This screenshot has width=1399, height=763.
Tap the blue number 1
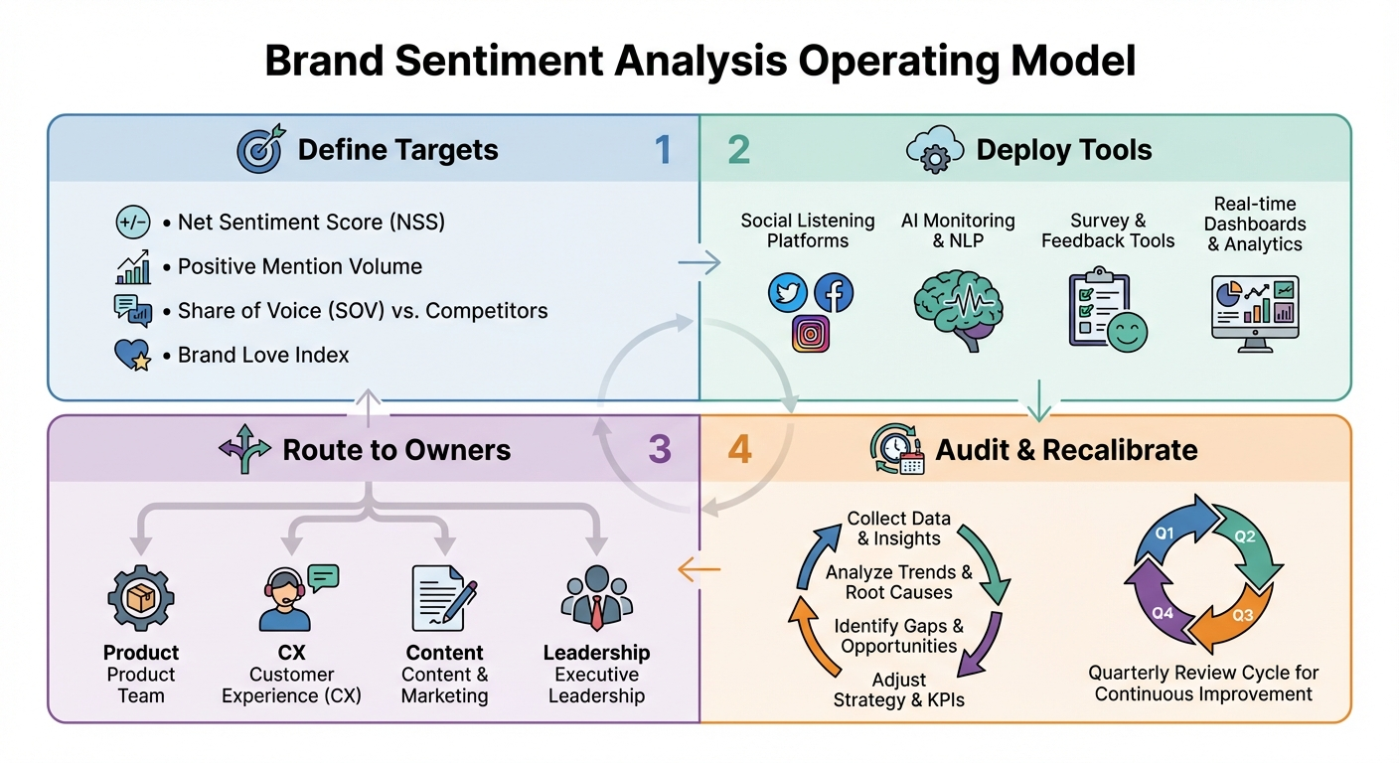pyautogui.click(x=663, y=150)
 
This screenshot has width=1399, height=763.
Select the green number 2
pyautogui.click(x=738, y=150)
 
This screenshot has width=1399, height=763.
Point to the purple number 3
pyautogui.click(x=660, y=449)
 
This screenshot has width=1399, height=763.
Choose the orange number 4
pyautogui.click(x=739, y=449)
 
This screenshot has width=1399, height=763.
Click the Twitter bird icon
pyautogui.click(x=788, y=294)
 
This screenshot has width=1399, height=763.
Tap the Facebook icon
pyautogui.click(x=834, y=294)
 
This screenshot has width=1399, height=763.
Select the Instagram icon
pyautogui.click(x=811, y=334)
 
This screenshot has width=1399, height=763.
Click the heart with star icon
pyautogui.click(x=132, y=355)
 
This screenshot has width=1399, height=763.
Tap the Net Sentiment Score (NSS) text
pyautogui.click(x=311, y=222)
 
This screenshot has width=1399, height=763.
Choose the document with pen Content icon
pyautogui.click(x=442, y=599)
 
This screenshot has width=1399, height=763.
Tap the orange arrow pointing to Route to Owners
pyautogui.click(x=699, y=569)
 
